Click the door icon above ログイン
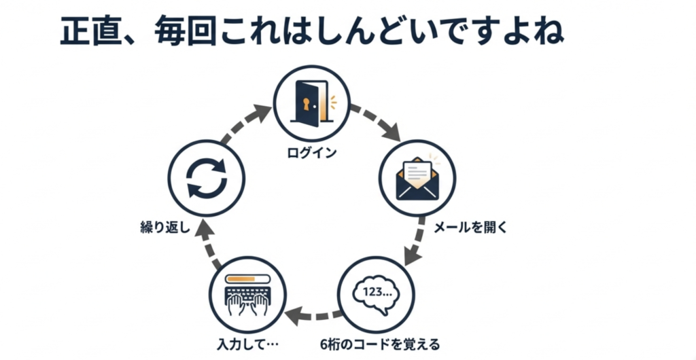(311, 104)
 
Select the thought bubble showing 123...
(375, 293)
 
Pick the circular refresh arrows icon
(205, 177)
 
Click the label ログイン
(311, 152)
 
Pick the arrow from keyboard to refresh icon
(208, 242)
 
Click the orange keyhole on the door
(306, 104)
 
